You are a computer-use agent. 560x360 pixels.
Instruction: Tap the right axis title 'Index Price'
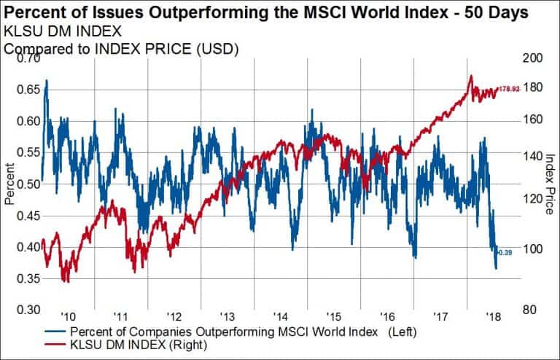pyautogui.click(x=549, y=184)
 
